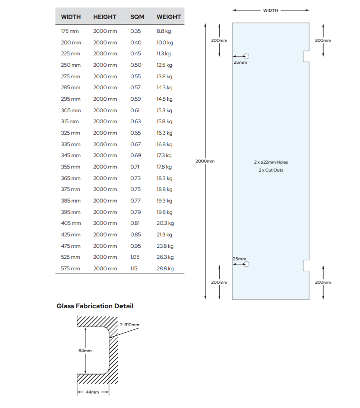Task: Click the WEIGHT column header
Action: [x=169, y=17]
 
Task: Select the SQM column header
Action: [x=137, y=17]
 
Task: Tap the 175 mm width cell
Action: [x=70, y=31]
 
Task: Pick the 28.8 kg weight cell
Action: [x=165, y=269]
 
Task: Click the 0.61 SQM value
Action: [x=136, y=110]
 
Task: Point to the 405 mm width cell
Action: [x=70, y=223]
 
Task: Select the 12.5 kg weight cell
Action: [x=164, y=65]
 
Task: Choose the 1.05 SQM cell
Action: [x=136, y=257]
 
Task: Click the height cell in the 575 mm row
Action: [x=105, y=269]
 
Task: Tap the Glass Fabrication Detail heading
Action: [x=95, y=306]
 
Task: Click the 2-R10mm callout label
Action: [x=130, y=325]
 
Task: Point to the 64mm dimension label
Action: [x=85, y=351]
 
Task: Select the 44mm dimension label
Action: [x=92, y=393]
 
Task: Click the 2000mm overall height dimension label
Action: [x=205, y=161]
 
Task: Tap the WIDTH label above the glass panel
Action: [x=271, y=10]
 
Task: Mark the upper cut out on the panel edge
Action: [x=306, y=56]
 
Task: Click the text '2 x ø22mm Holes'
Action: [x=271, y=162]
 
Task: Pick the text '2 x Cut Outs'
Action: [x=271, y=171]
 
